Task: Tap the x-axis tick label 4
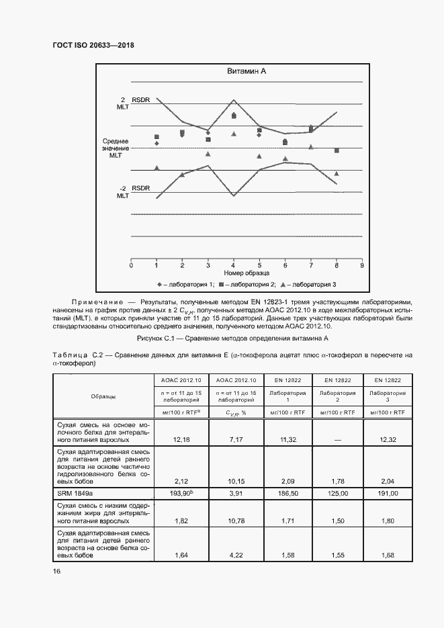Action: point(234,265)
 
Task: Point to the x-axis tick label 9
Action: point(362,265)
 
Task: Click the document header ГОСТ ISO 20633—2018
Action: point(98,46)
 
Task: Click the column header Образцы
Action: point(103,396)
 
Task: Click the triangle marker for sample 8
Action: point(336,173)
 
